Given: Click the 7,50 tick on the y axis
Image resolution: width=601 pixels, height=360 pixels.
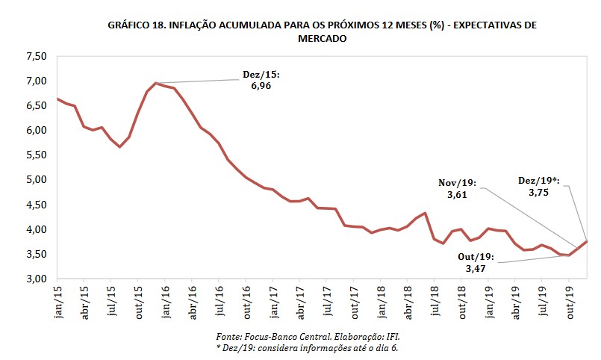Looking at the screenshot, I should (x=37, y=56).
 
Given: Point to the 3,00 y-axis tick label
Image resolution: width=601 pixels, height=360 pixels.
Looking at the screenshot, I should (x=37, y=279).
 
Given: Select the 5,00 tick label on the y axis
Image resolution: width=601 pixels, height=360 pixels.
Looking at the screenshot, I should (x=37, y=180).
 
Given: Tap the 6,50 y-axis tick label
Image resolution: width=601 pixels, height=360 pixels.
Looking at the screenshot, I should (x=37, y=105).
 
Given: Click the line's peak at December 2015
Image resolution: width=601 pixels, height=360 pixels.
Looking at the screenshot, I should (x=155, y=83).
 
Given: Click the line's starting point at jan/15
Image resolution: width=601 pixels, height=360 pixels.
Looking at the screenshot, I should (x=57, y=99).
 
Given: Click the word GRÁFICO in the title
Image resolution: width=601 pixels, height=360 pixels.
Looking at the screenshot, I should (x=128, y=25).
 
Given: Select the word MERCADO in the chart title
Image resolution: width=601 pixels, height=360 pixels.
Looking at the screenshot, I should (x=322, y=39).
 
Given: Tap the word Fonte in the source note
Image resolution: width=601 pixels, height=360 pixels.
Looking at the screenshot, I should (x=227, y=337).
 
